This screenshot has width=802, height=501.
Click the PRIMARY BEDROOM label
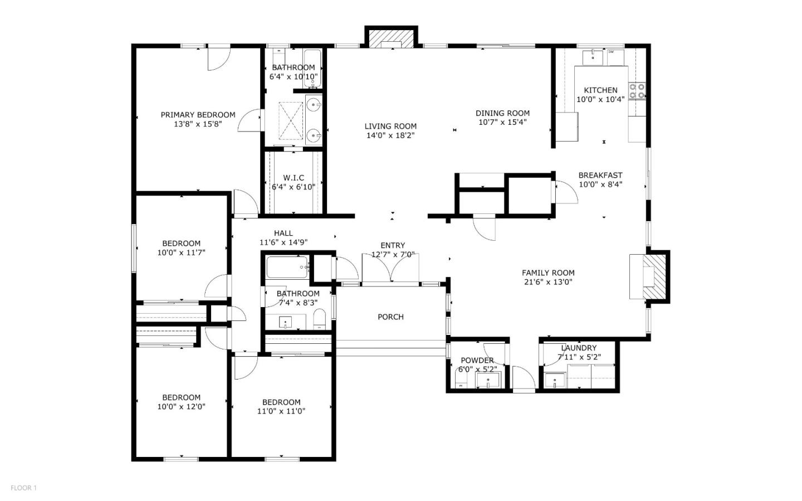point(198,115)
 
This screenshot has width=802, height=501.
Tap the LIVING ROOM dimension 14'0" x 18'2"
point(390,135)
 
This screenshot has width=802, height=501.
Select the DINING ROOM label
point(502,113)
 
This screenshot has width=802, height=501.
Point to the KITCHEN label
point(600,90)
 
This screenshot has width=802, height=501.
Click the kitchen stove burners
point(637,91)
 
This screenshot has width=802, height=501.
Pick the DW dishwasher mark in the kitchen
point(611,52)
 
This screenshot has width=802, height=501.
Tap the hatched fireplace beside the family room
point(656,277)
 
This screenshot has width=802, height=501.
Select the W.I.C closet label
point(294,178)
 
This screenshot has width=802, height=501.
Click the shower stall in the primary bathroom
point(290,120)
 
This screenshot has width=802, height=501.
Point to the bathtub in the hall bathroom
point(287,267)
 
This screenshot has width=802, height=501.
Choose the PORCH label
point(390,317)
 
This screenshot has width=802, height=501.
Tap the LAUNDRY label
point(579,348)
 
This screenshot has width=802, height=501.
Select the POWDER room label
point(477,361)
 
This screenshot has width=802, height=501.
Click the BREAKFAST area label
point(600,175)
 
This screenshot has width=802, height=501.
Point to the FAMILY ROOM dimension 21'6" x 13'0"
point(548,282)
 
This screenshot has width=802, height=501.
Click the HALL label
point(283,234)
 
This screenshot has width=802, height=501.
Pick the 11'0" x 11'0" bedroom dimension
point(281,411)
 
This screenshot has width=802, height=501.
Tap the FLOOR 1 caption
point(23,488)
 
